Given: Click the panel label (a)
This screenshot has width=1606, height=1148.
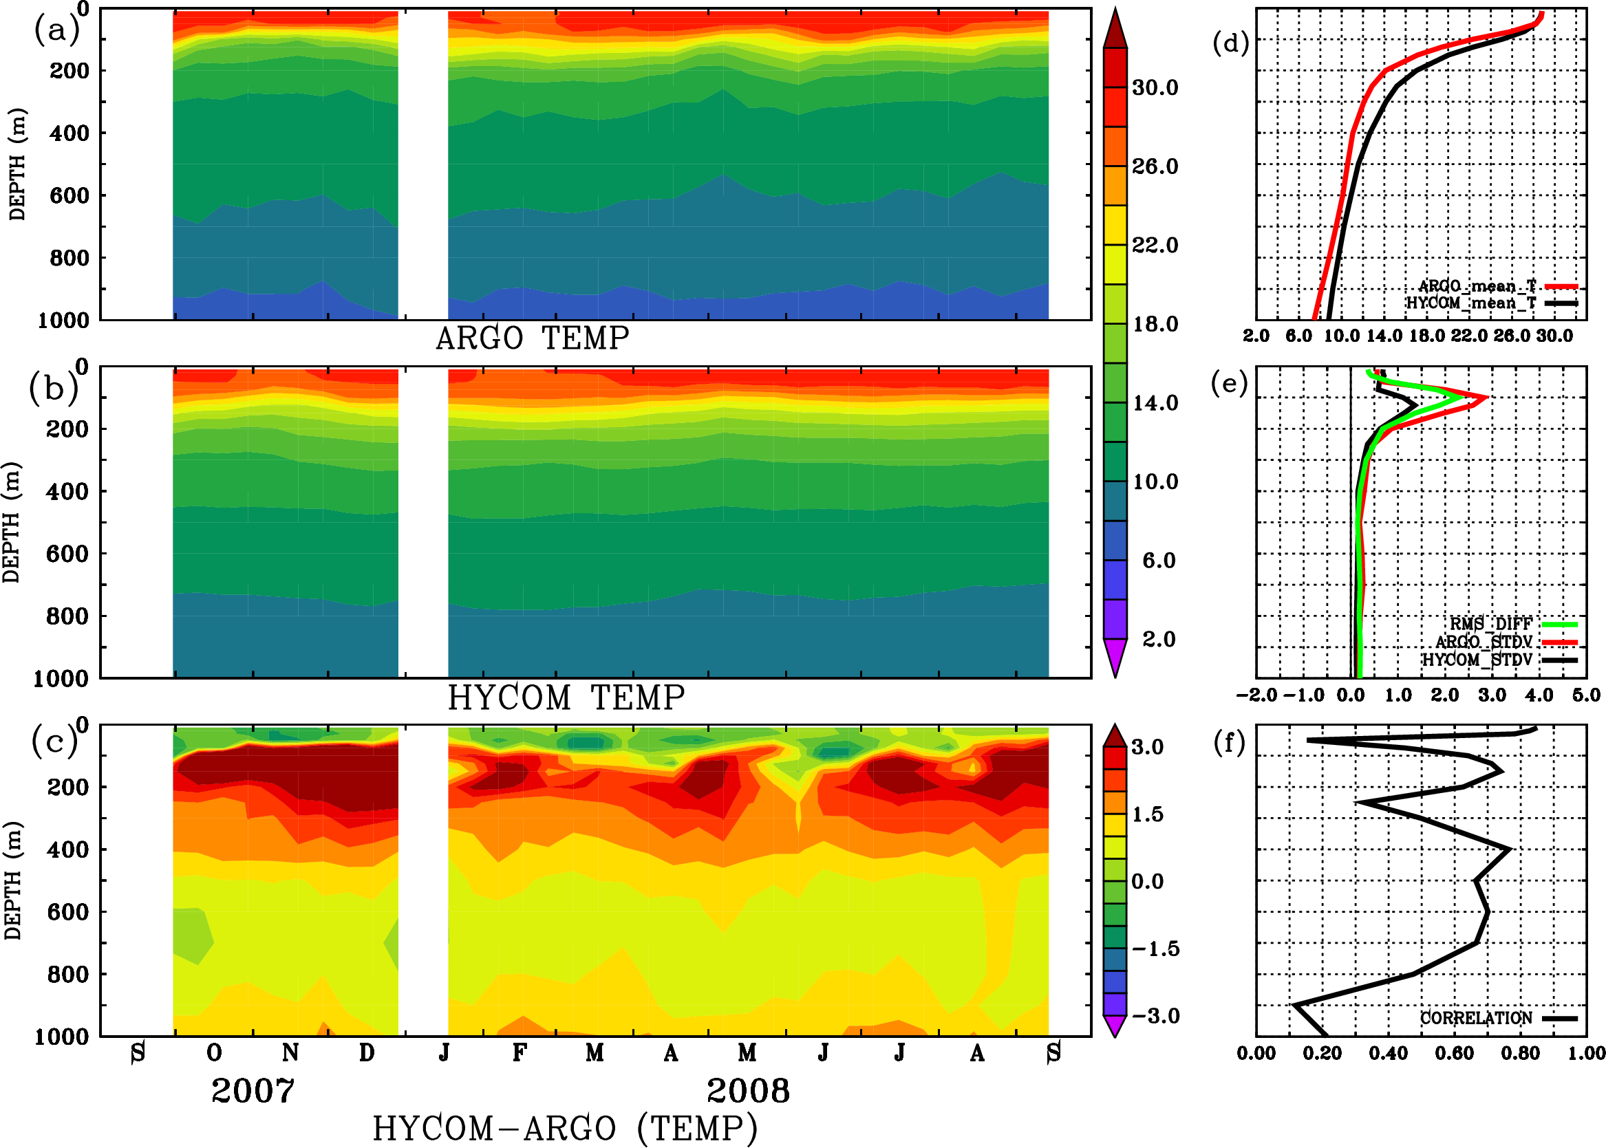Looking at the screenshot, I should [56, 30].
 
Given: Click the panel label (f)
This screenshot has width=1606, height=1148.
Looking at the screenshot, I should [1229, 743].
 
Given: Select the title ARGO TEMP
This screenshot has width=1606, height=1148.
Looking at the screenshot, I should [532, 338].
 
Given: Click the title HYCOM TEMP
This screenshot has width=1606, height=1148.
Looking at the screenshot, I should [566, 697].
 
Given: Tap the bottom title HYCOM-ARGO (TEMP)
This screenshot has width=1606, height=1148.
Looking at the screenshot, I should [564, 1128].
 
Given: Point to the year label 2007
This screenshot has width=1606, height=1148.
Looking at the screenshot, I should [253, 1091].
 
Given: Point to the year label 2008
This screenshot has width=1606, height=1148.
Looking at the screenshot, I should [747, 1091].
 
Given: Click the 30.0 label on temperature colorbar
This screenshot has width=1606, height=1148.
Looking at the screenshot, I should [1155, 87].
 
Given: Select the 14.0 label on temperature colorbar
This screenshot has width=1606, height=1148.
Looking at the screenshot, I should [1155, 403].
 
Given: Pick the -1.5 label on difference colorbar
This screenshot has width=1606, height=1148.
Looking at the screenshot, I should [1155, 949].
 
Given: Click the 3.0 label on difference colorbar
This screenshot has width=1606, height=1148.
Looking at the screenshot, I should [1147, 747].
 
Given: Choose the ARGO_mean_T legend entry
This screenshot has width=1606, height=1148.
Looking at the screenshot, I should [1477, 286].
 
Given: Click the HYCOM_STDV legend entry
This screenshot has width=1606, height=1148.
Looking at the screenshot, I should [1477, 660].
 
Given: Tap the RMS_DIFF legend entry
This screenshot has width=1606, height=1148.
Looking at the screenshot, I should [1490, 624].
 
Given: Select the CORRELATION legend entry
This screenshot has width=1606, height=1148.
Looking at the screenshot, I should [1476, 1018].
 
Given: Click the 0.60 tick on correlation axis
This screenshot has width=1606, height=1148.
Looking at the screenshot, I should [1454, 1053].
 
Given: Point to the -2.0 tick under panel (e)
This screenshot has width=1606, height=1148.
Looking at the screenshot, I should [1256, 695].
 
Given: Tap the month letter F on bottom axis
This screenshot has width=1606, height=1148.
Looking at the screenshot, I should [520, 1052].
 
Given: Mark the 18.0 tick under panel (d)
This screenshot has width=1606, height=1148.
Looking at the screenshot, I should [1426, 336].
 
